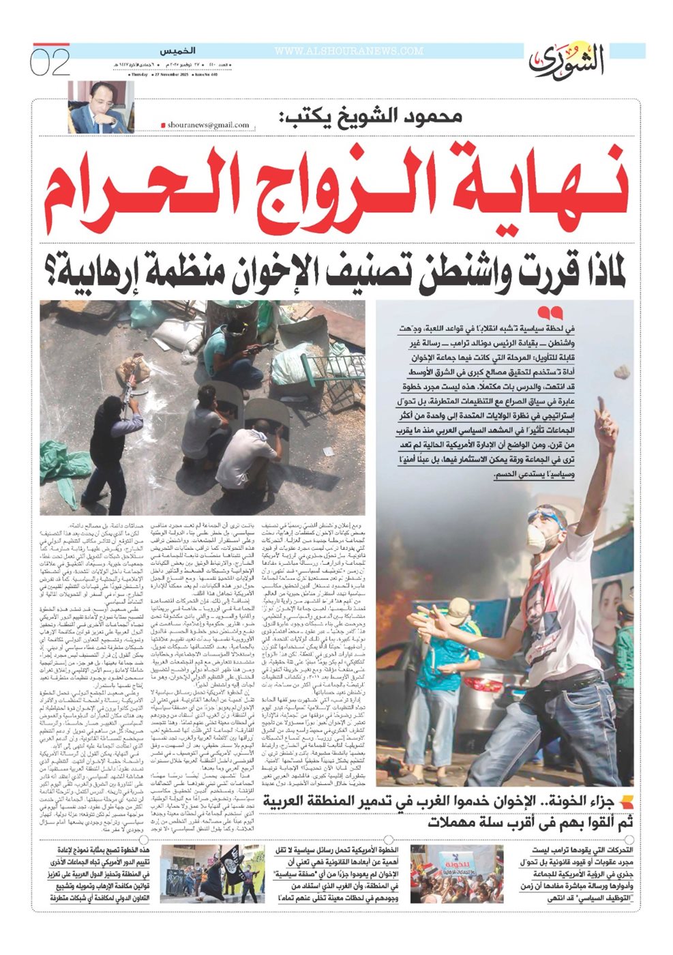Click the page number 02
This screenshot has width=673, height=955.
(50, 63)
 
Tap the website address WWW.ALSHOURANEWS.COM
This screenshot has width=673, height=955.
(348, 51)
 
